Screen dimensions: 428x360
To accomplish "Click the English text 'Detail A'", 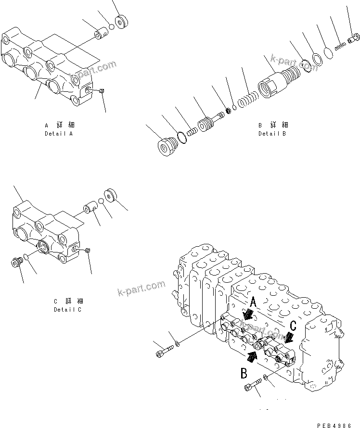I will click(x=58, y=133).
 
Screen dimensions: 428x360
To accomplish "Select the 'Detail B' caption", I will click(x=272, y=133).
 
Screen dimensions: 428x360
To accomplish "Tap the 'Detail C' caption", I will click(x=68, y=309).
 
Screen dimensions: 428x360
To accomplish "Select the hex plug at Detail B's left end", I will click(x=167, y=146).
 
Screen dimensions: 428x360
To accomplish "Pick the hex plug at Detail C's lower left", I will click(x=17, y=263).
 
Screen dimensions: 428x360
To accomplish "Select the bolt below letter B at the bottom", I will click(x=253, y=384).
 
